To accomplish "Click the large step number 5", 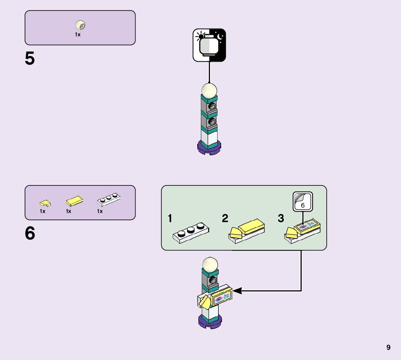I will click(30, 58).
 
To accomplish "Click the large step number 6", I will click(30, 233).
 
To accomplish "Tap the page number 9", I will click(388, 347).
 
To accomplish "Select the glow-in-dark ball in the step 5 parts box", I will click(80, 25).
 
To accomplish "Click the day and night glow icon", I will click(209, 45).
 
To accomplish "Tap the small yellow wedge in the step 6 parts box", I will click(45, 202).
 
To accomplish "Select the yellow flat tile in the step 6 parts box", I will click(74, 200).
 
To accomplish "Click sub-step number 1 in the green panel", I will click(170, 219).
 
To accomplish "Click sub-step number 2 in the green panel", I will click(225, 219).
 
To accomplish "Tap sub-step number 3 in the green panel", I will click(281, 219).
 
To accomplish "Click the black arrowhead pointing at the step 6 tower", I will click(236, 291).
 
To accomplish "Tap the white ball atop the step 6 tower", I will click(210, 264).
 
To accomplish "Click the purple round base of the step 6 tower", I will click(210, 322).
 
